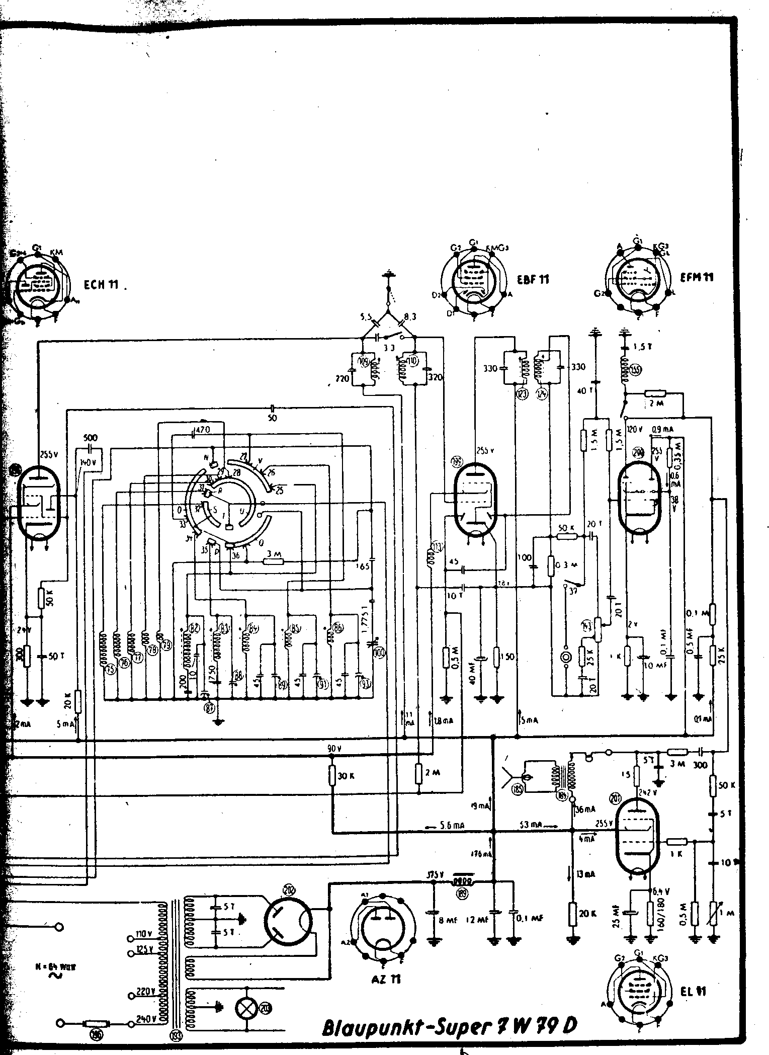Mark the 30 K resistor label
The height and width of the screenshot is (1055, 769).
[347, 776]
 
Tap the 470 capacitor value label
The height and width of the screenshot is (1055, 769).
[203, 429]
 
